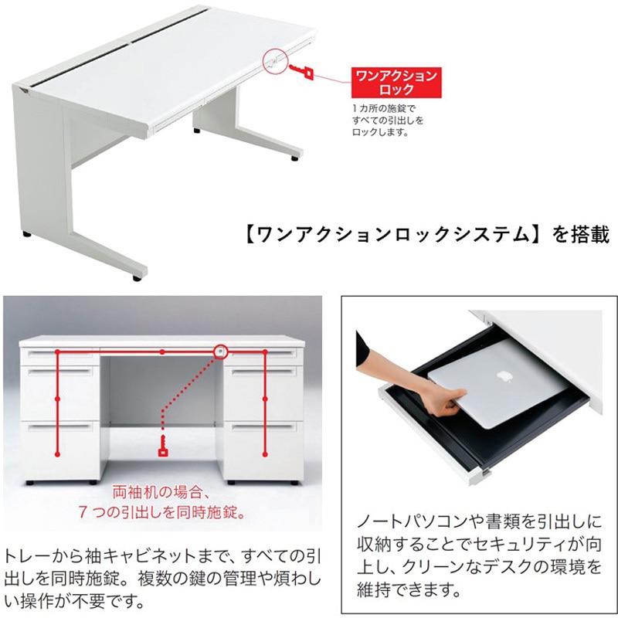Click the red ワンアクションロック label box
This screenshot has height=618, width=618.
(x=395, y=81)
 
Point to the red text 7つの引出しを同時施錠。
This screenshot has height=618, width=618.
(x=161, y=511)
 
